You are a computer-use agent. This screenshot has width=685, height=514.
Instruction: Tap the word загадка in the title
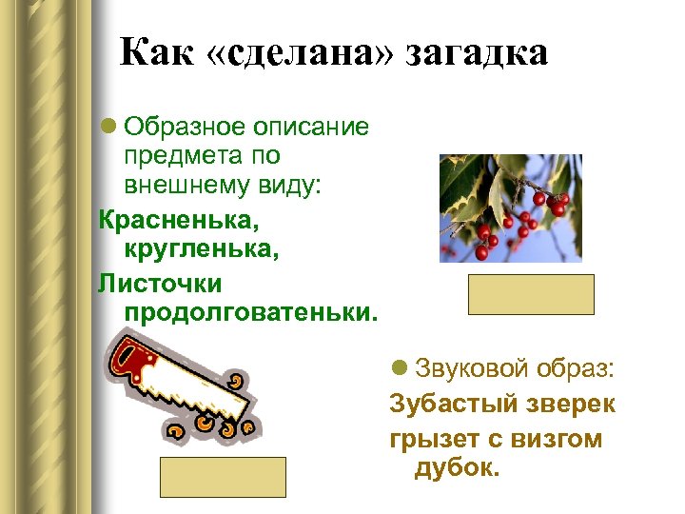pos(478,53)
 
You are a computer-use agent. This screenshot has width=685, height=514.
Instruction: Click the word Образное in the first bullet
pos(185,127)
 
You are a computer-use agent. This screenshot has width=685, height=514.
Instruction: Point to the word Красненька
pos(177,221)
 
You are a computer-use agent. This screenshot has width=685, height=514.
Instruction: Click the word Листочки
pos(160,283)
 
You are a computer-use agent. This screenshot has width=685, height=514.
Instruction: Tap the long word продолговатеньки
pos(250,311)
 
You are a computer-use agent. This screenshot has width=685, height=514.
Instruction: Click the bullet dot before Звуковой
pos(399,369)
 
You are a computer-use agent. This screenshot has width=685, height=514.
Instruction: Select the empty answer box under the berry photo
pos(531,294)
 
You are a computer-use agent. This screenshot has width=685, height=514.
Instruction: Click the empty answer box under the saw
pos(223,477)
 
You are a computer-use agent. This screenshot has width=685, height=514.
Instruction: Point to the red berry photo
pos(510,208)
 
